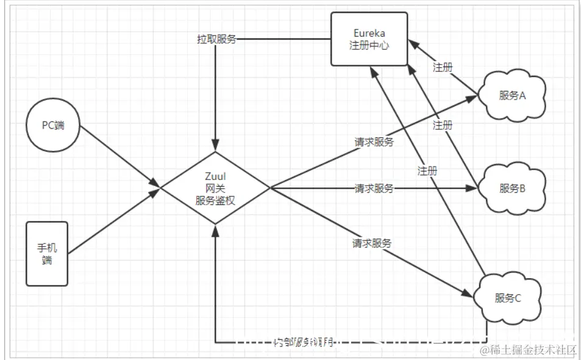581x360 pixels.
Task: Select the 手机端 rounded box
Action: pos(47,254)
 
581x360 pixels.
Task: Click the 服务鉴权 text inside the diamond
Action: pos(215,199)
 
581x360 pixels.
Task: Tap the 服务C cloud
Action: pos(508,298)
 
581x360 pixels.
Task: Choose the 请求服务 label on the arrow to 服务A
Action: pos(374,142)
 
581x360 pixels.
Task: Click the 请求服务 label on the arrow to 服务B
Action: pos(374,188)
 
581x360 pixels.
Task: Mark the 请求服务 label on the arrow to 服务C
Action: pos(371,243)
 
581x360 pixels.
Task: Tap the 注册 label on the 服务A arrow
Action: pos(443,67)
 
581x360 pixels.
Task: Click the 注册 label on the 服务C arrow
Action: pos(427,171)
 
